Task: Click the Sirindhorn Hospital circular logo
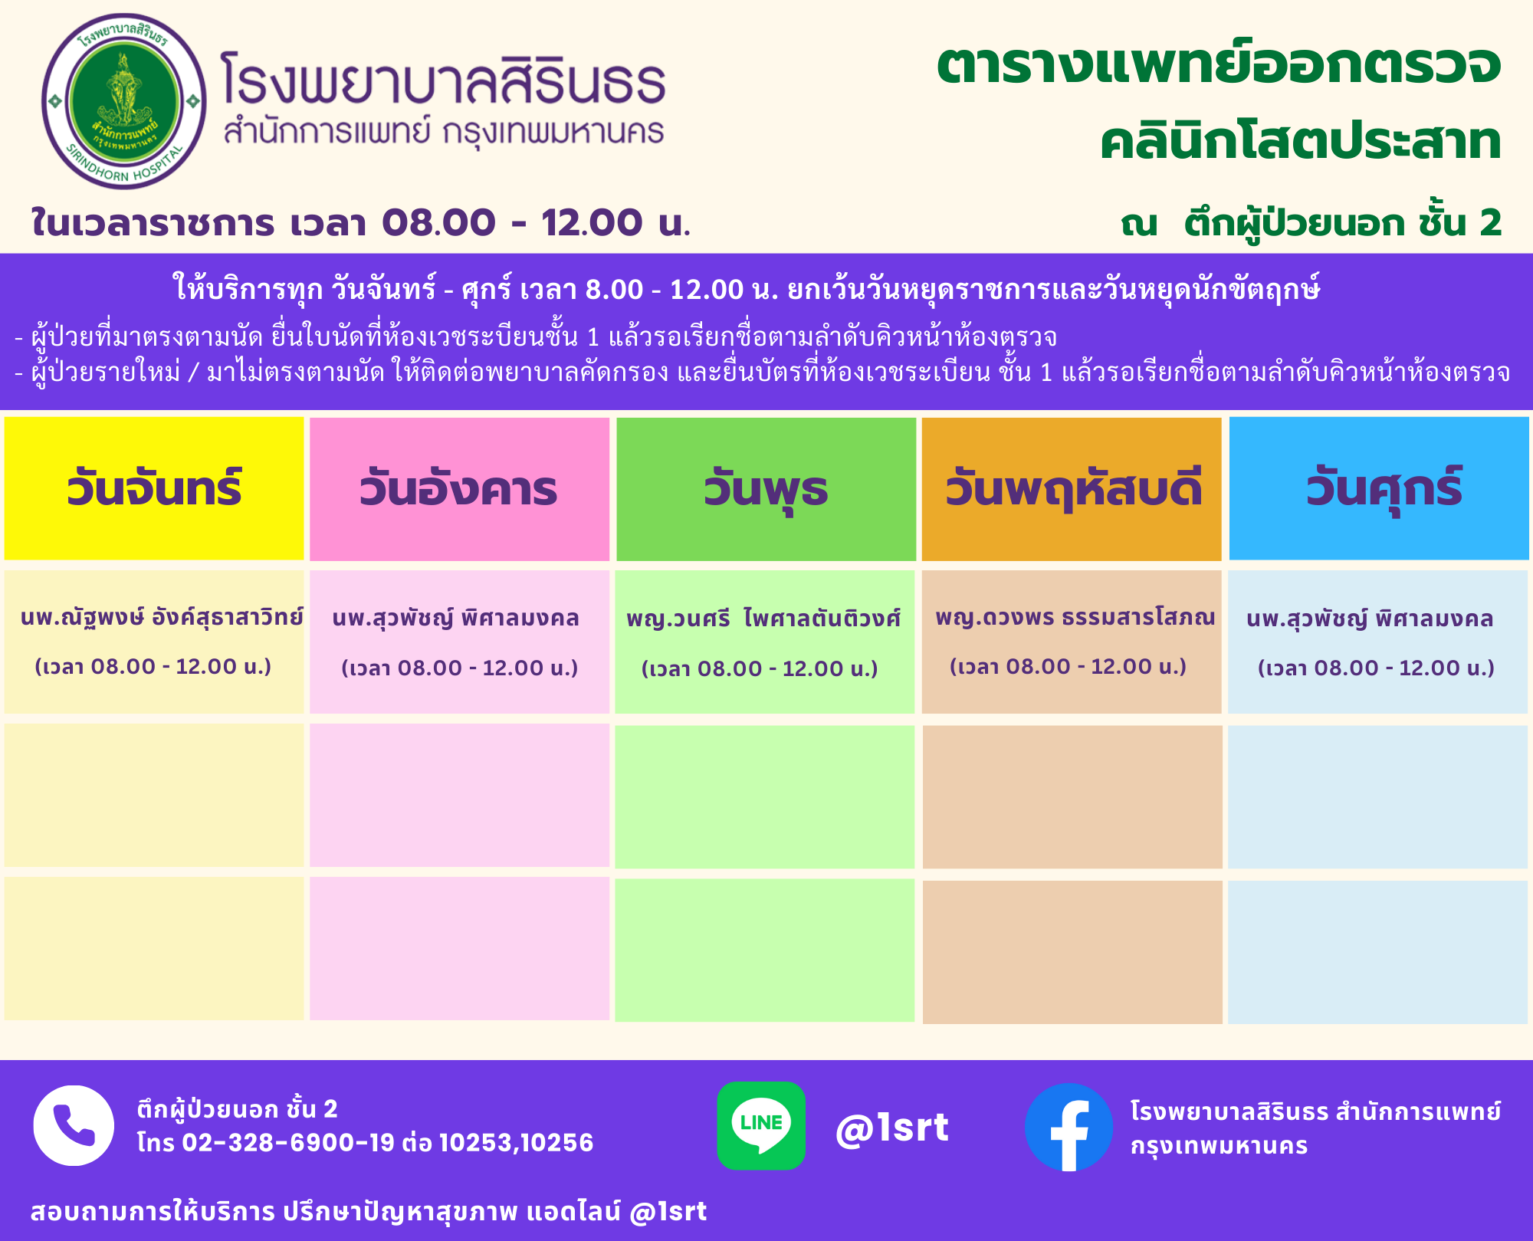[124, 101]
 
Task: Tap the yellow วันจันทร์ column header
[154, 488]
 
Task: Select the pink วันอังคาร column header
[459, 489]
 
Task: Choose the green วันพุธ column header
[766, 489]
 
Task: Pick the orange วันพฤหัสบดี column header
[1072, 489]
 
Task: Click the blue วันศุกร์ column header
[1379, 488]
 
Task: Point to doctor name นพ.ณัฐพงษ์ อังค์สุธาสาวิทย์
[162, 617]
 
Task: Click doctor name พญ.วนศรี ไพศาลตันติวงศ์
[763, 619]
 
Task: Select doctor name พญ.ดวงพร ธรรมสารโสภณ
[1075, 617]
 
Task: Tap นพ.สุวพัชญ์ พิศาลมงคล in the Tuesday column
[455, 619]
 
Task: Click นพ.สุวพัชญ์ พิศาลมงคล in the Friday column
[1370, 619]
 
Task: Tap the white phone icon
[74, 1125]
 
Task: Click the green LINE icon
[761, 1125]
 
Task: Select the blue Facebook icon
[1069, 1127]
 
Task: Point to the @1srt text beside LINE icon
[892, 1128]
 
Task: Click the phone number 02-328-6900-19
[288, 1143]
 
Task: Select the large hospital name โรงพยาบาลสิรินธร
[443, 78]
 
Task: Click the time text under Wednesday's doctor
[760, 669]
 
